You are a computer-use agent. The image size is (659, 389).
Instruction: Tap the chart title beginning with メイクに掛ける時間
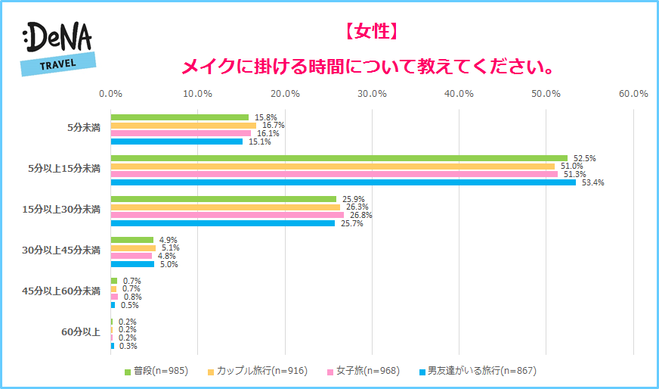coord(368,67)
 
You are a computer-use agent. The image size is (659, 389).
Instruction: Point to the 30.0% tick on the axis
coord(372,94)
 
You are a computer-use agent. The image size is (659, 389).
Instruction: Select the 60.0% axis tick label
coord(633,94)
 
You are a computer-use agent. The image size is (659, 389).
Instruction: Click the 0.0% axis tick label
coord(111,94)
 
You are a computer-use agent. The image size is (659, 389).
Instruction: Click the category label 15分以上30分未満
coord(61,210)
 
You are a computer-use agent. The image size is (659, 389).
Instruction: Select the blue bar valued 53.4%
coord(343,182)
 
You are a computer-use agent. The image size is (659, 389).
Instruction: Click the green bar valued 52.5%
coord(339,158)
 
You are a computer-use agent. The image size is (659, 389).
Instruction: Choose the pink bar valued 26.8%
coord(227,215)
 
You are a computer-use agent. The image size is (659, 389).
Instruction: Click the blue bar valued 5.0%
coord(132,264)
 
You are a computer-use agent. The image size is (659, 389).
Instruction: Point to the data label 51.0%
coord(570,166)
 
